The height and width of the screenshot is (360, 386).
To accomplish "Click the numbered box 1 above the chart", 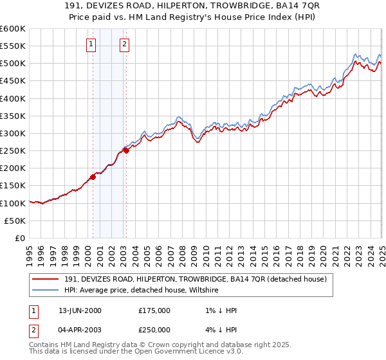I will (91, 44).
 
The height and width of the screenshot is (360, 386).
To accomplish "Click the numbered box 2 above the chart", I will (124, 44).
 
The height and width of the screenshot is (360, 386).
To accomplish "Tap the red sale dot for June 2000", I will (93, 176).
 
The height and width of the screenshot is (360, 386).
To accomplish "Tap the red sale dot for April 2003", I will (126, 150).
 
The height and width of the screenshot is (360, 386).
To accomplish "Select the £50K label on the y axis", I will (15, 221).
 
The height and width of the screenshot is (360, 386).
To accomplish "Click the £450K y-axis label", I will (13, 81).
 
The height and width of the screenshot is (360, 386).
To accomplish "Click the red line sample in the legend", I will (46, 279).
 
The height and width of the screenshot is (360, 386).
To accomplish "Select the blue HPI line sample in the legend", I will (46, 291).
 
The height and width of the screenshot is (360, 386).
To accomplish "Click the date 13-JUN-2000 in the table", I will (80, 310).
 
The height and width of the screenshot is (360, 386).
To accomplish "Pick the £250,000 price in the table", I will (154, 330).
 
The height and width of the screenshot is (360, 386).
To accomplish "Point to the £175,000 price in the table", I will (154, 310).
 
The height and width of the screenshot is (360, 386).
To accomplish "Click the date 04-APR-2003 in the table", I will (80, 330).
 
